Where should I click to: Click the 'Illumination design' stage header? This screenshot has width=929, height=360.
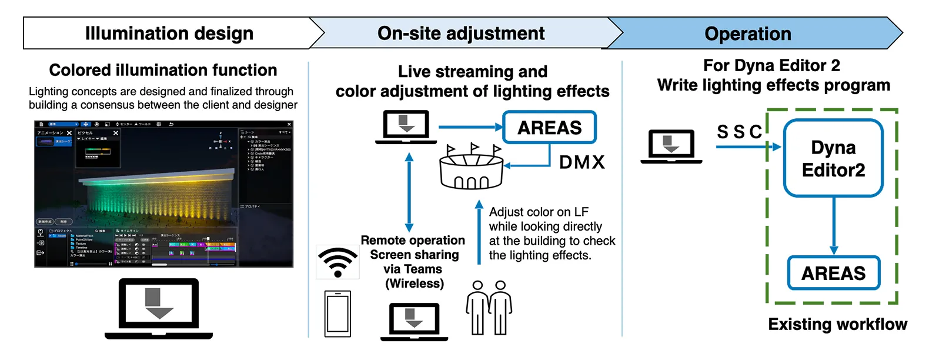click(x=169, y=33)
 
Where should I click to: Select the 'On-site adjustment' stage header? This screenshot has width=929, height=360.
click(x=461, y=33)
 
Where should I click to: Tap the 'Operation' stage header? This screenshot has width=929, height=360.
click(x=747, y=34)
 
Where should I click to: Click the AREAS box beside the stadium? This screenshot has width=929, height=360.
click(x=549, y=128)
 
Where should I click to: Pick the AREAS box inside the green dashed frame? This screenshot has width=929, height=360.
click(x=833, y=273)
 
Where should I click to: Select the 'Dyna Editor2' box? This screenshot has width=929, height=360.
click(x=833, y=158)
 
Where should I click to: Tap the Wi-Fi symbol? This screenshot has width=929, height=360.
click(x=337, y=262)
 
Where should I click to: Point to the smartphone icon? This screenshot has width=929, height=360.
click(x=337, y=314)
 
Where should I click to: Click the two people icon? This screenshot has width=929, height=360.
click(x=489, y=307)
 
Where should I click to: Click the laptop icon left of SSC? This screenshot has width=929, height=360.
click(x=671, y=146)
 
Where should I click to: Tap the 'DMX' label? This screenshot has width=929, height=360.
click(x=582, y=162)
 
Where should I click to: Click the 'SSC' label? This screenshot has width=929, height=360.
click(x=739, y=132)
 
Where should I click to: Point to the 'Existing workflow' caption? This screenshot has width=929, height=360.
click(x=837, y=324)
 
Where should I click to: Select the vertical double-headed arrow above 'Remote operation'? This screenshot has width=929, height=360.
click(x=409, y=192)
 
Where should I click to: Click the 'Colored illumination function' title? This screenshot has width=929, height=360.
click(x=163, y=70)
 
